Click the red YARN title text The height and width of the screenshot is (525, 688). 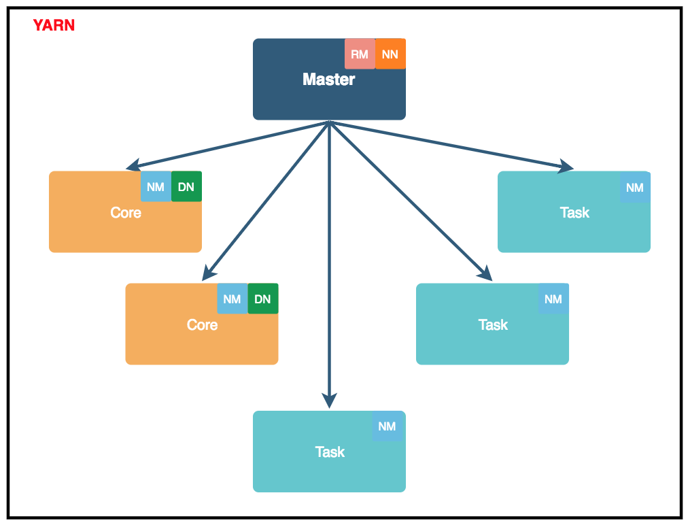click(x=54, y=26)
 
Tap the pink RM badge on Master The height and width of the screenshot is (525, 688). click(x=360, y=54)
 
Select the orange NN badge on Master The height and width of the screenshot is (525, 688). click(x=390, y=54)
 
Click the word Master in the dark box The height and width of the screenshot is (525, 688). click(x=329, y=80)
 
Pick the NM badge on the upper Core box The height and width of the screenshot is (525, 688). click(x=156, y=187)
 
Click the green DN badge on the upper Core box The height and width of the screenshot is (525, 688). click(x=186, y=187)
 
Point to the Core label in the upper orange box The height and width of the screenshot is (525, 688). click(x=126, y=213)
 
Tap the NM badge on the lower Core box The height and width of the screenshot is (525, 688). click(x=232, y=299)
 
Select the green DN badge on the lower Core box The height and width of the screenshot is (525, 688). click(x=262, y=299)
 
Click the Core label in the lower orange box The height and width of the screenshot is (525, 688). click(x=202, y=325)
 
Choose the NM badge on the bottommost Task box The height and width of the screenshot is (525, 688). click(x=387, y=426)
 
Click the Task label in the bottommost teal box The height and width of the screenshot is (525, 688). click(x=330, y=452)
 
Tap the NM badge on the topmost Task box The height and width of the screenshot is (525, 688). click(x=635, y=187)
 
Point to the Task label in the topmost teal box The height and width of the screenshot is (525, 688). click(x=574, y=213)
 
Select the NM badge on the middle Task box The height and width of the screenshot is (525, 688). click(x=553, y=299)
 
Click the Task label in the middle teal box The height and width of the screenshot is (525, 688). click(x=493, y=325)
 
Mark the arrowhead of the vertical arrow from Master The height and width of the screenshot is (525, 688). click(x=330, y=401)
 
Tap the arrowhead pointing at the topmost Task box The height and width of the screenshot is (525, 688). click(x=566, y=167)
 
